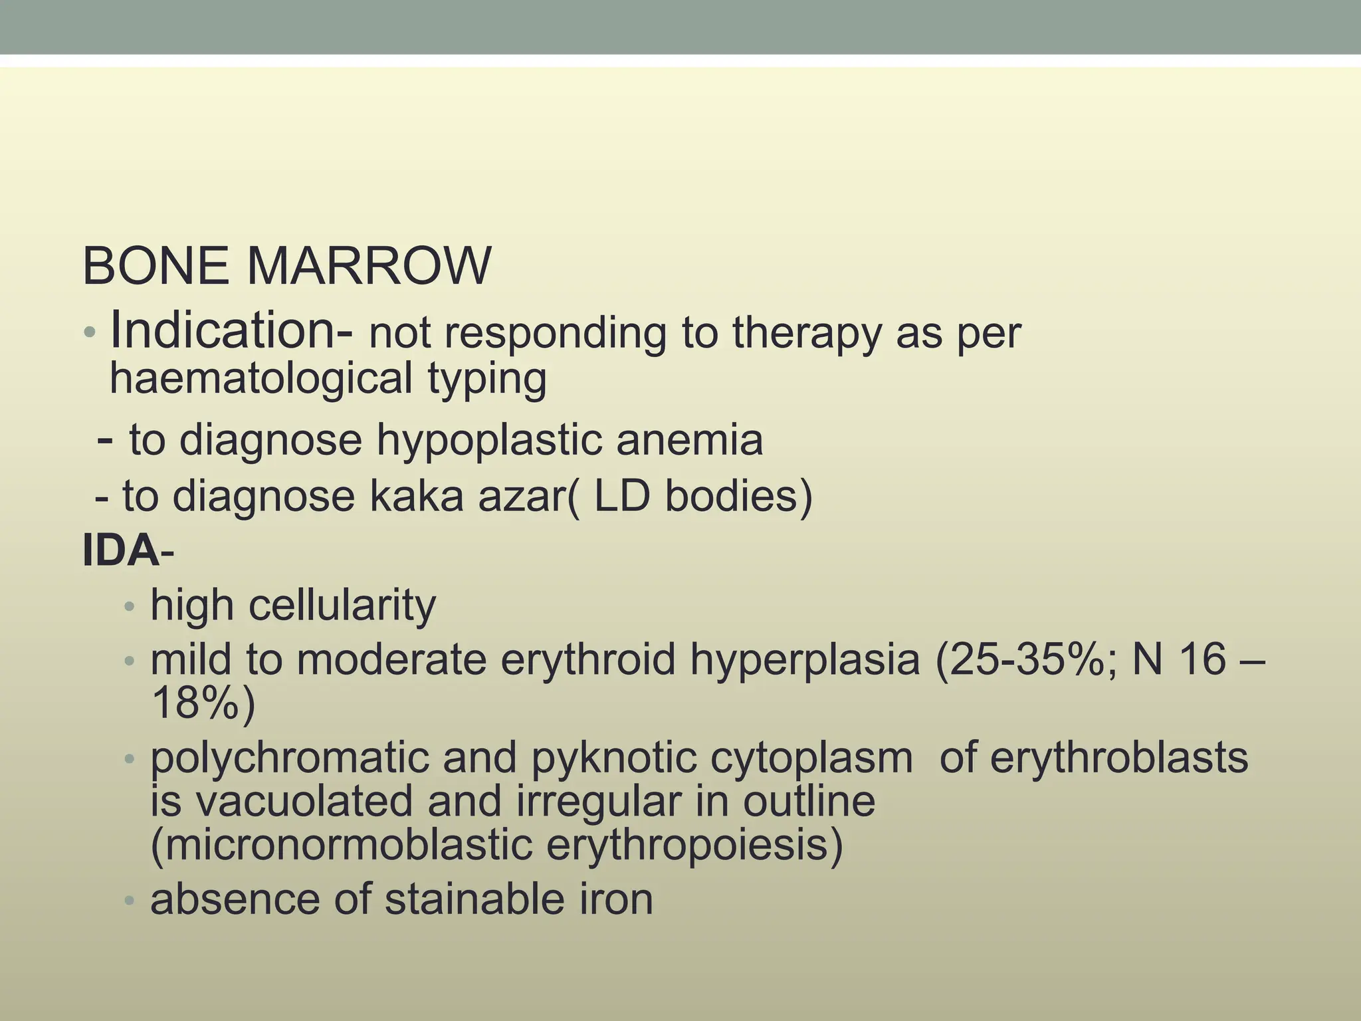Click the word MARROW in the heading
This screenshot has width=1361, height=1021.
pyautogui.click(x=369, y=266)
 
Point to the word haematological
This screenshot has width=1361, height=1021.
pyautogui.click(x=261, y=378)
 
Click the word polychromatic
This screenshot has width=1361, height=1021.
pyautogui.click(x=290, y=758)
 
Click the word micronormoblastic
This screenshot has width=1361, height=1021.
pyautogui.click(x=342, y=845)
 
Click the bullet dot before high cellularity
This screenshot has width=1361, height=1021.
pyautogui.click(x=130, y=607)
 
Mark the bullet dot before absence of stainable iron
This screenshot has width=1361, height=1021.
pyautogui.click(x=130, y=901)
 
